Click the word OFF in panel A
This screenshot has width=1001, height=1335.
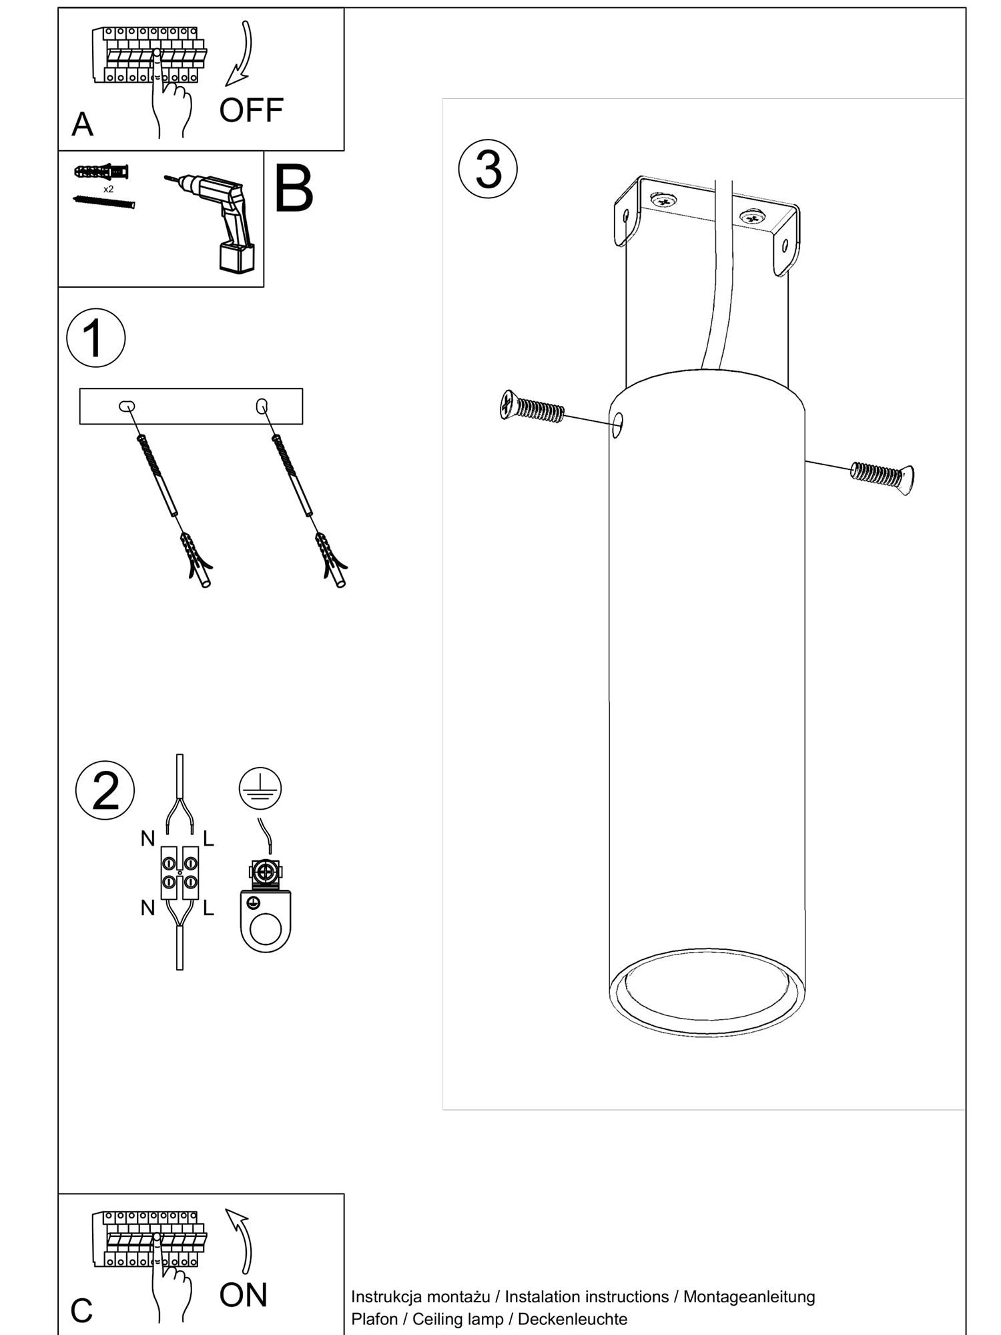(251, 110)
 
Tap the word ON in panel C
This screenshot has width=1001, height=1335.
(243, 1295)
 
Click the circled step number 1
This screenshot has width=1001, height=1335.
(95, 338)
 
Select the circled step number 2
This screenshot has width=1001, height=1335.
(105, 790)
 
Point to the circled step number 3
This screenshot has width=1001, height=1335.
(488, 169)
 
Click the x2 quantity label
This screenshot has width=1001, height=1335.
(108, 189)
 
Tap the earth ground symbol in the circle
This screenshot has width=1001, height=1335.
(260, 788)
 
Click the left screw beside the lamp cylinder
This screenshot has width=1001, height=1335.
(532, 407)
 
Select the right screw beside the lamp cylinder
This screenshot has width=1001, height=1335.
(882, 477)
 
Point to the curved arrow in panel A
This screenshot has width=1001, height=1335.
(242, 53)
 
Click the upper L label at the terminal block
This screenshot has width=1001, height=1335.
(208, 838)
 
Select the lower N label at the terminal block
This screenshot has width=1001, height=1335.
(147, 907)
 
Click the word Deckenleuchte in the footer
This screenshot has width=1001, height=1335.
(573, 1319)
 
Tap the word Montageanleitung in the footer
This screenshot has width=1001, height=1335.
(749, 1297)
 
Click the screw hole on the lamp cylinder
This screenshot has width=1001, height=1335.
(618, 424)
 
